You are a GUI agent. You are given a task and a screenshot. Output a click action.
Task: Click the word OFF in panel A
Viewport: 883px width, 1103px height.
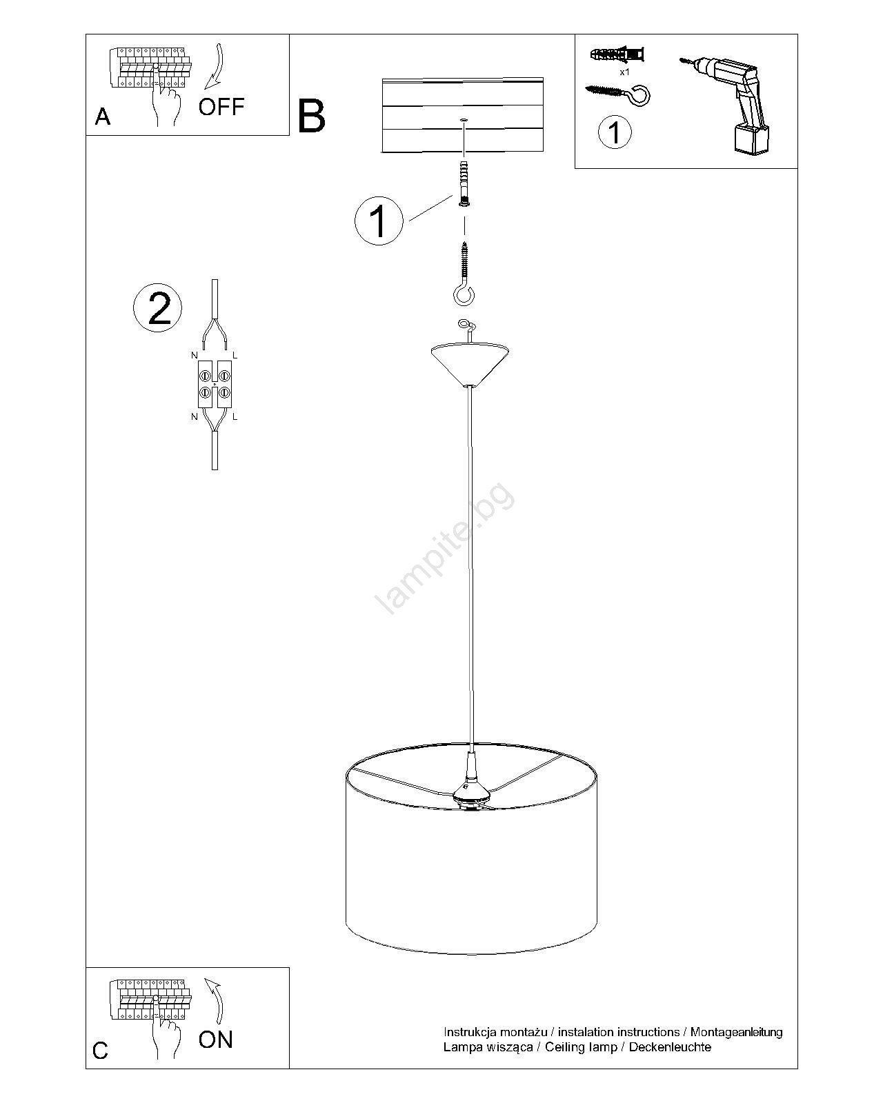point(221,107)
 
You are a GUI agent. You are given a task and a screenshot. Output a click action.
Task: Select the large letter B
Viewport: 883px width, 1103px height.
point(311,116)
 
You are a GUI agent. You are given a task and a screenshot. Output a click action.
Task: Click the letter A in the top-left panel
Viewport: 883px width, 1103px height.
point(103,117)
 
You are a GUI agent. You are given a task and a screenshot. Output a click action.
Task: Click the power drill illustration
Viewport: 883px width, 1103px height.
point(726,105)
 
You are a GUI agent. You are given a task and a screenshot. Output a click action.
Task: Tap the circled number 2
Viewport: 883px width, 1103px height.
point(157,308)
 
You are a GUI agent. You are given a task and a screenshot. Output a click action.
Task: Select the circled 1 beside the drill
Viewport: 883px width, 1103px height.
point(615,132)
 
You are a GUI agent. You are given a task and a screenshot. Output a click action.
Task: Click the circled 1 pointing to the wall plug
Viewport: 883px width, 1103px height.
point(379,221)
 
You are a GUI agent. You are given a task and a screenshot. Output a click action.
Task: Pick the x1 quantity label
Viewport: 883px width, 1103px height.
point(624,72)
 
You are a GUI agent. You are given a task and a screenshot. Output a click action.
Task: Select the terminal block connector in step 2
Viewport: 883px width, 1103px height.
point(215,385)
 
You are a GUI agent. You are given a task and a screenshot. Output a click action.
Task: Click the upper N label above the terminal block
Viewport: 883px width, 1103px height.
point(194,355)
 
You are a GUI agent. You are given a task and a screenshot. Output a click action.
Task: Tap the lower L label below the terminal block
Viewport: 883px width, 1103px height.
point(235,416)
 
